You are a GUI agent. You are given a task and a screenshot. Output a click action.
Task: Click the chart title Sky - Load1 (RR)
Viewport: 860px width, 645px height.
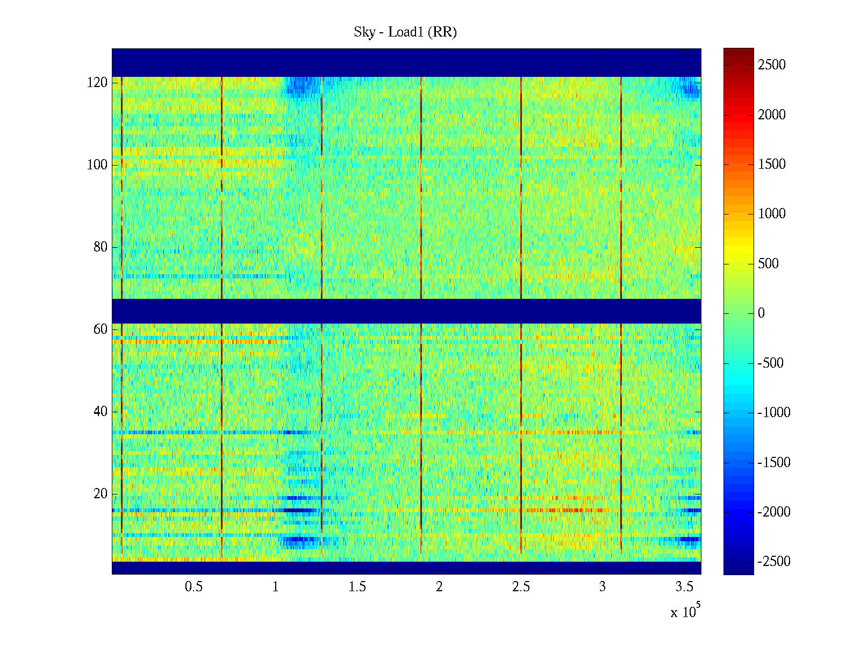tap(405, 32)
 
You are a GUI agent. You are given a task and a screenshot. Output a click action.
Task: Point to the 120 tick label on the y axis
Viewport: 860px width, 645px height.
tap(97, 83)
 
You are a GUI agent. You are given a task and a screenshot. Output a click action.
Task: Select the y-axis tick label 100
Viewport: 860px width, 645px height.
tap(97, 165)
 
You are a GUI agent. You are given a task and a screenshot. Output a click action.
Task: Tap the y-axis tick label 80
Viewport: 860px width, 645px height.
tap(100, 247)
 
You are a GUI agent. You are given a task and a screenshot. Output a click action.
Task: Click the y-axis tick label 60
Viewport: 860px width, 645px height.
tap(100, 329)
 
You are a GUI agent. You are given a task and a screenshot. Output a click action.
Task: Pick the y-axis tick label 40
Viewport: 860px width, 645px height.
tap(100, 412)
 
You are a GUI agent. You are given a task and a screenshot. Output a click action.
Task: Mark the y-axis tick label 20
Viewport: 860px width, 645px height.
tap(100, 494)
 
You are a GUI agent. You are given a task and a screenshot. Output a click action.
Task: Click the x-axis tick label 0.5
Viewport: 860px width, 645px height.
tap(193, 587)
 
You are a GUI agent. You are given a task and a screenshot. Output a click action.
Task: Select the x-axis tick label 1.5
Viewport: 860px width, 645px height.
tap(357, 587)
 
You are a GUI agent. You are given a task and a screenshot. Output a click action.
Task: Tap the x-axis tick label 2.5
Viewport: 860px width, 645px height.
tap(521, 587)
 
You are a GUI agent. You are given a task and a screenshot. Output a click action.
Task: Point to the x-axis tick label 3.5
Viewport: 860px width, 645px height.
tap(684, 587)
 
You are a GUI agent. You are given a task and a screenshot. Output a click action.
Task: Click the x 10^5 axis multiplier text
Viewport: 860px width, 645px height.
tap(685, 611)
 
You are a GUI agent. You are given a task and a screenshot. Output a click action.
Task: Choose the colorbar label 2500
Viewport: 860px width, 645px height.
tap(771, 65)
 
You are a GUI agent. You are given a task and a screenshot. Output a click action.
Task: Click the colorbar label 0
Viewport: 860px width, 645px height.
tap(761, 313)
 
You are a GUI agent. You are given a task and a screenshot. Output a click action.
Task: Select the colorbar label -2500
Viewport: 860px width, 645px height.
tap(773, 562)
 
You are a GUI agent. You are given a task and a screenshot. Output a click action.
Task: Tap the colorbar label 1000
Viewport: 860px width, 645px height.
tap(771, 214)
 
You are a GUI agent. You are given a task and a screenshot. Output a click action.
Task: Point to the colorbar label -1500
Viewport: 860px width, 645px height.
tap(773, 462)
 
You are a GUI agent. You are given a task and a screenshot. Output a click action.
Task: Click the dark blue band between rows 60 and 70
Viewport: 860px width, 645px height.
tap(406, 311)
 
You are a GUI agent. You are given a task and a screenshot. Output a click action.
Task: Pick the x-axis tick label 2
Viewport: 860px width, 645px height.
tap(439, 587)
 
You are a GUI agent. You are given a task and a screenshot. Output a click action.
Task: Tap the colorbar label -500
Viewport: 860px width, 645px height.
tap(770, 363)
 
